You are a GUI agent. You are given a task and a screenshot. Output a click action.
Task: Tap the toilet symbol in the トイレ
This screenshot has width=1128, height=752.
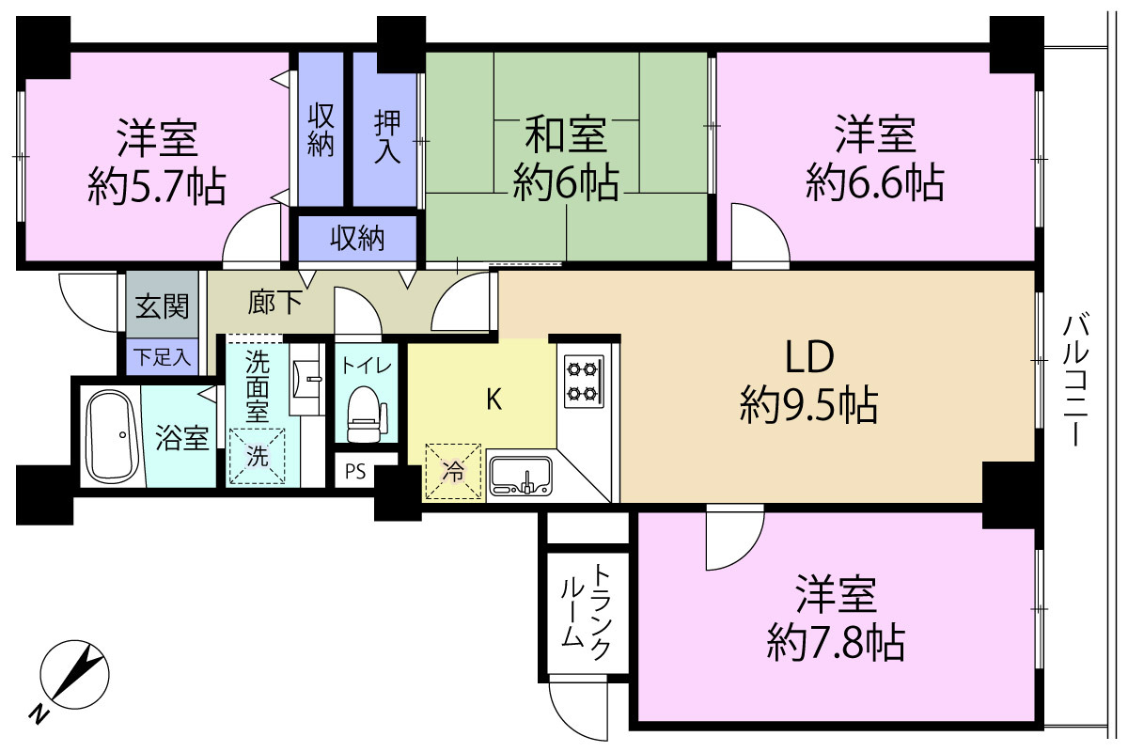click(x=368, y=414)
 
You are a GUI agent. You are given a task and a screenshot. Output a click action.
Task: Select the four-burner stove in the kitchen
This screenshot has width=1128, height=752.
click(x=584, y=382)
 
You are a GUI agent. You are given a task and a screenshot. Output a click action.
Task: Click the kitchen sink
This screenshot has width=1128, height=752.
click(x=521, y=476)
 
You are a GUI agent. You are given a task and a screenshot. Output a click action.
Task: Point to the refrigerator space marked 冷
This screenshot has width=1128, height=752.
click(x=453, y=472)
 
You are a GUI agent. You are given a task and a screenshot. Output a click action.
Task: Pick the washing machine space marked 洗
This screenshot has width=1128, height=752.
click(x=258, y=456)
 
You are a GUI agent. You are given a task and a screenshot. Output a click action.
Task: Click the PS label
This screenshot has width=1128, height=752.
click(x=355, y=472)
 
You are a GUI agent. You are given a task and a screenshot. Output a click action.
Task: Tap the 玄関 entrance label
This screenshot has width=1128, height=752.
click(x=162, y=305)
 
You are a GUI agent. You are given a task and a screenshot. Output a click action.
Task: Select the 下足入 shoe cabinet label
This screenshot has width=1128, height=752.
click(x=162, y=357)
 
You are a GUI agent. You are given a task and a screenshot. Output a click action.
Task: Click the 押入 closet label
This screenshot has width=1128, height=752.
click(x=386, y=137)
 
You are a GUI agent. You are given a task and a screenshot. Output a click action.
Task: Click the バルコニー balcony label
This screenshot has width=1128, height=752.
click(x=1075, y=380)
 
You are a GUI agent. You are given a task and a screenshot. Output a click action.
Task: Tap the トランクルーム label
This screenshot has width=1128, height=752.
click(x=586, y=612)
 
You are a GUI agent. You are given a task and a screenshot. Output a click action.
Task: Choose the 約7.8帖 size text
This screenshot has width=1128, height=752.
click(x=836, y=643)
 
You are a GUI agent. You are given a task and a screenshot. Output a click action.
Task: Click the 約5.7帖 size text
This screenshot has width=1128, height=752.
click(x=157, y=187)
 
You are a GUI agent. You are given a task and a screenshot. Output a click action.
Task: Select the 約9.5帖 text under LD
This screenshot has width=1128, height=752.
click(x=808, y=404)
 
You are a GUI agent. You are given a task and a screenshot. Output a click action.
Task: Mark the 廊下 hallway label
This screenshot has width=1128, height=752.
click(x=274, y=303)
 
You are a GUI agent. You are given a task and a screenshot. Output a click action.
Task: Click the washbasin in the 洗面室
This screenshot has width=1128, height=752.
click(x=307, y=379)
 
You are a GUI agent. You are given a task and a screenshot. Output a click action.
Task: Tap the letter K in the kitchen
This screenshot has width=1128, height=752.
click(x=494, y=400)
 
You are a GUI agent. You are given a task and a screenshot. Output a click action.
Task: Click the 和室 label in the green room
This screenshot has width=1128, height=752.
click(x=566, y=134)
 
